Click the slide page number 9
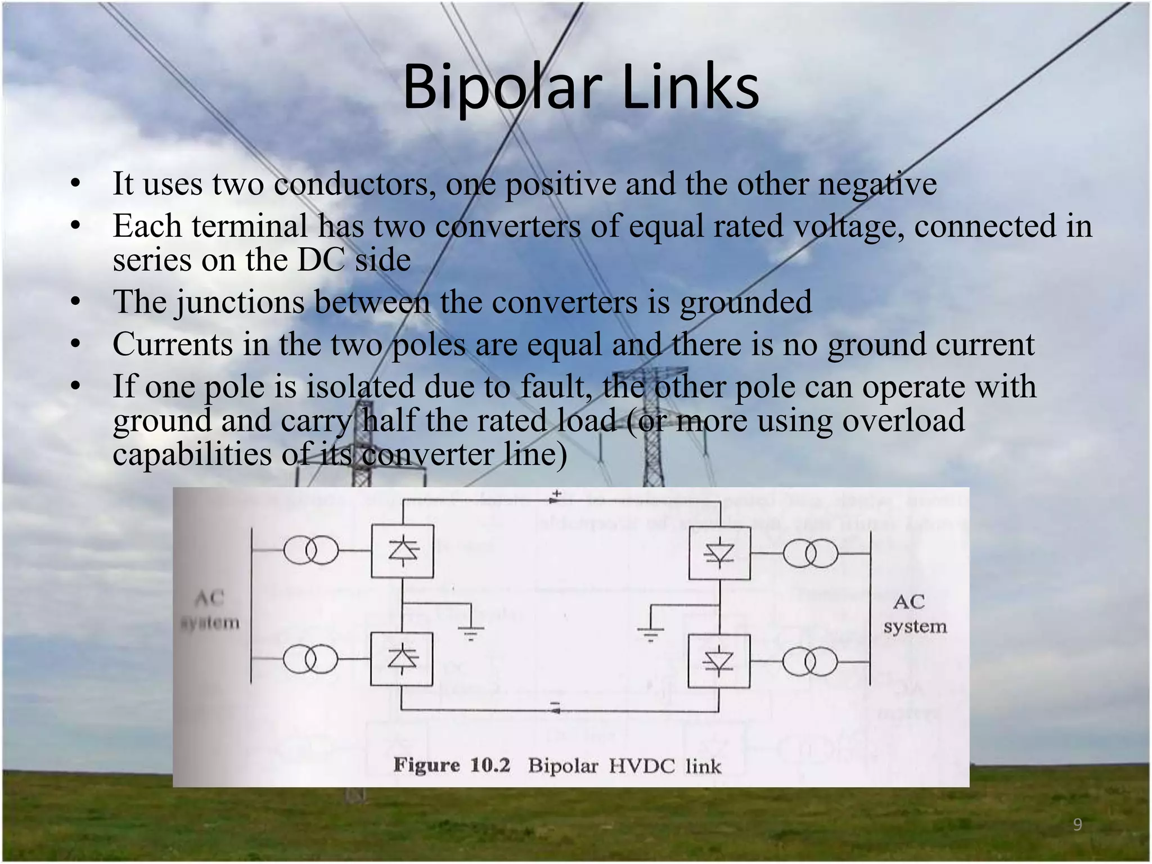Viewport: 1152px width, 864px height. tap(1078, 825)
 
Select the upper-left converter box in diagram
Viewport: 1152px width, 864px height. tap(402, 551)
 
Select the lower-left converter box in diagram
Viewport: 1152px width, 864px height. tap(402, 659)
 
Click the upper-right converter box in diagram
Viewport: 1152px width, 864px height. tap(719, 553)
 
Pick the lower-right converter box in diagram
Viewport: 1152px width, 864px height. tap(719, 661)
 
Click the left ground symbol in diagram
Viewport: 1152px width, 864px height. tap(470, 632)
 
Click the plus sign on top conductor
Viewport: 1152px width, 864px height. tap(556, 494)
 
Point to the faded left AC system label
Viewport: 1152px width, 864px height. tap(210, 610)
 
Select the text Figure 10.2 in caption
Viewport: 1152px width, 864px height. tap(452, 765)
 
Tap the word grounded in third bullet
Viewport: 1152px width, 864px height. tap(746, 302)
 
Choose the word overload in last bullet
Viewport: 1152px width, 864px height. tap(903, 420)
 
